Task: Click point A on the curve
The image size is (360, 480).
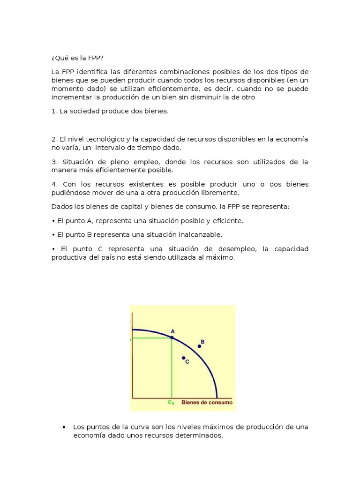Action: [172, 337]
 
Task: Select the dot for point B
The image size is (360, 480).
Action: [199, 346]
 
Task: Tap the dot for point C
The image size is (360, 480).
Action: [183, 358]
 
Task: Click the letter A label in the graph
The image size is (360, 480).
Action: [172, 330]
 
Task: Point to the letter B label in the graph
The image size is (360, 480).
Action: [202, 342]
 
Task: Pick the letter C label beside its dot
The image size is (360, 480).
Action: [187, 362]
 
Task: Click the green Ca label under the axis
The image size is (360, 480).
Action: [171, 402]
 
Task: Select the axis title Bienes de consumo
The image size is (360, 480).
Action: [206, 402]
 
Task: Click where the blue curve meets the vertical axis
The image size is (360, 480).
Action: [133, 330]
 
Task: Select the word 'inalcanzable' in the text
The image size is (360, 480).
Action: [201, 234]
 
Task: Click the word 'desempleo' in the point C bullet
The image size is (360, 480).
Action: [242, 249]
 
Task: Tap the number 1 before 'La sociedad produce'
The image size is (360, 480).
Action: [53, 112]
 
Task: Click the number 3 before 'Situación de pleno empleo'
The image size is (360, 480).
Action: [53, 162]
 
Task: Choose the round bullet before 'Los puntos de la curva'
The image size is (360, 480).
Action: [63, 427]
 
